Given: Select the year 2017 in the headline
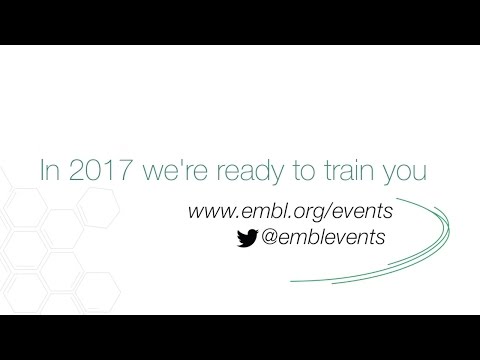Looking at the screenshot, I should click(x=95, y=171).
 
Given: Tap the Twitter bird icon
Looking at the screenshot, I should click(x=243, y=238).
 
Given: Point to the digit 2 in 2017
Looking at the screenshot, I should click(x=74, y=171).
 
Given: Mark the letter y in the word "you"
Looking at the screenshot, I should click(x=391, y=175).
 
